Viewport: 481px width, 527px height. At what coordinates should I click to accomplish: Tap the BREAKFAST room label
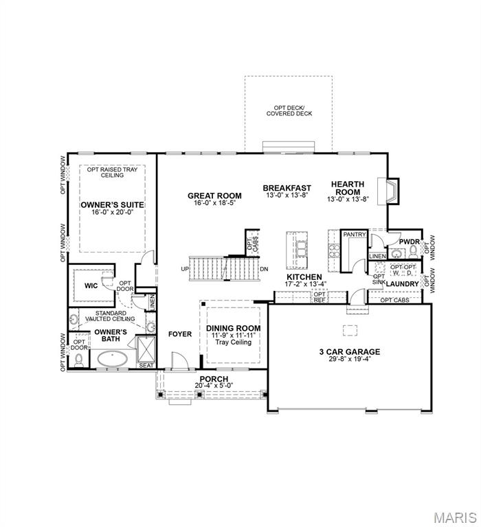point(287,187)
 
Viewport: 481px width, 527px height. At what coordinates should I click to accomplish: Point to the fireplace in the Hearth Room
point(392,191)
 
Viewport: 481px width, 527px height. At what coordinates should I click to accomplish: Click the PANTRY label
point(353,235)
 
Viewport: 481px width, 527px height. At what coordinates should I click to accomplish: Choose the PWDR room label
point(410,242)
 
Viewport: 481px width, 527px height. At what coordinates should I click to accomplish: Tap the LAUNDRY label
point(402,283)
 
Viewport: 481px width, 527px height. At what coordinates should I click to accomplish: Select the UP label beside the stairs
point(184,269)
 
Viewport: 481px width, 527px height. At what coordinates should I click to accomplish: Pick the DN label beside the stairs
point(264,269)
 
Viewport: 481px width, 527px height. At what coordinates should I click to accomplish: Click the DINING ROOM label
point(234,328)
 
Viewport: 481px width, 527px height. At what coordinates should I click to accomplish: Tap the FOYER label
point(180,334)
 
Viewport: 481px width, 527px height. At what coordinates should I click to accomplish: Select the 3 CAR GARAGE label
point(349,351)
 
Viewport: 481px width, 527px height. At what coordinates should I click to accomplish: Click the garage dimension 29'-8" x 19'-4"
point(349,360)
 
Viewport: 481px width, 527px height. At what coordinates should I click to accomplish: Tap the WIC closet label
point(91,285)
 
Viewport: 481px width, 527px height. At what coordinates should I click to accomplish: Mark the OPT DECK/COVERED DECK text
point(289,110)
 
